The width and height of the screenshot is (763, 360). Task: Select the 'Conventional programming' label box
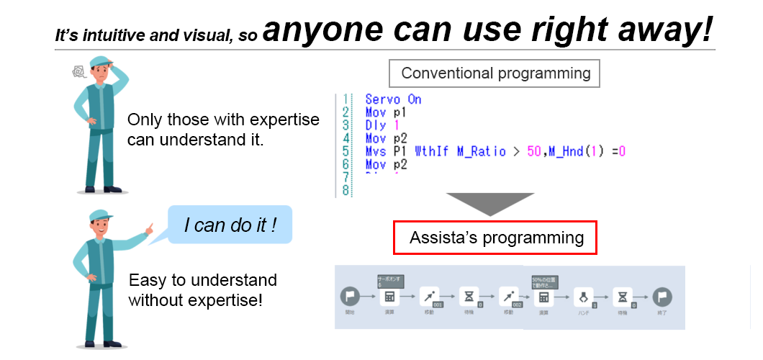click(x=495, y=73)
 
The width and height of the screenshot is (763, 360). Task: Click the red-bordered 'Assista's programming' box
click(x=495, y=238)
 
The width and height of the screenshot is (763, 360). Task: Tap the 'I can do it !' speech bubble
click(x=230, y=225)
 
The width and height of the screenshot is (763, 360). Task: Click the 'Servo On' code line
click(x=393, y=99)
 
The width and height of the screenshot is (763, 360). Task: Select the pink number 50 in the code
click(x=533, y=151)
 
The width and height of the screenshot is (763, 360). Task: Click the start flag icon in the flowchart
click(x=350, y=297)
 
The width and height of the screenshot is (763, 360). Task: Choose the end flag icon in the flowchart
click(x=662, y=297)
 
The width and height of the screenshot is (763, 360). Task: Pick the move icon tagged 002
click(x=509, y=297)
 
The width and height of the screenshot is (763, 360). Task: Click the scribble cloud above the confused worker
click(x=78, y=71)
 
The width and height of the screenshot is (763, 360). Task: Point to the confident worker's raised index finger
click(x=149, y=230)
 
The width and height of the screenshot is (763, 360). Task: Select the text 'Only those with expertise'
click(x=222, y=120)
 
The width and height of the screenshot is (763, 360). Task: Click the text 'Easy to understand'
click(x=202, y=279)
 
